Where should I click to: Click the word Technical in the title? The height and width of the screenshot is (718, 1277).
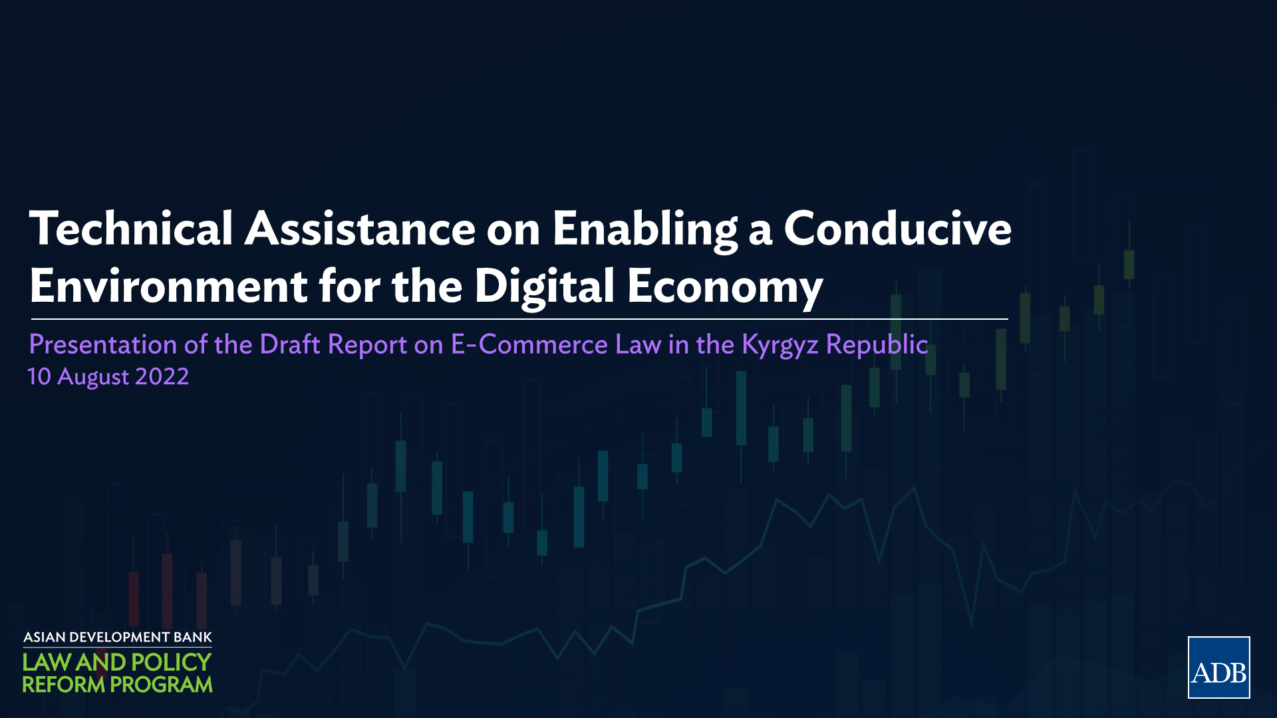coord(131,228)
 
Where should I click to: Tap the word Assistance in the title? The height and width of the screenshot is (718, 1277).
coord(360,228)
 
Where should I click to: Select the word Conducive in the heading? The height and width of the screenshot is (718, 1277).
coord(898,228)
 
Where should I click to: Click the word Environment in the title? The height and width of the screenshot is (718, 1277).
coord(168,286)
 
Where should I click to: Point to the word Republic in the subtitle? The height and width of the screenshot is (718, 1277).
coord(877,345)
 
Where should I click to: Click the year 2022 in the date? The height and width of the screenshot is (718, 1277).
coord(162,377)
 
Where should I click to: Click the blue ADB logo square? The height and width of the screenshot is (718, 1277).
coord(1218,667)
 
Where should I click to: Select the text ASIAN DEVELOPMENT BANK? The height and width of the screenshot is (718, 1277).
coord(118,638)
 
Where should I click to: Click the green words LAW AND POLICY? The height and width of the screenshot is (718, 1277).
coord(117,662)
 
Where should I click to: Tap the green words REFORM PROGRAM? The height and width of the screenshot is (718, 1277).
coord(118,684)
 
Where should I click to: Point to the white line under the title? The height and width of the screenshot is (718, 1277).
coord(519,319)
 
